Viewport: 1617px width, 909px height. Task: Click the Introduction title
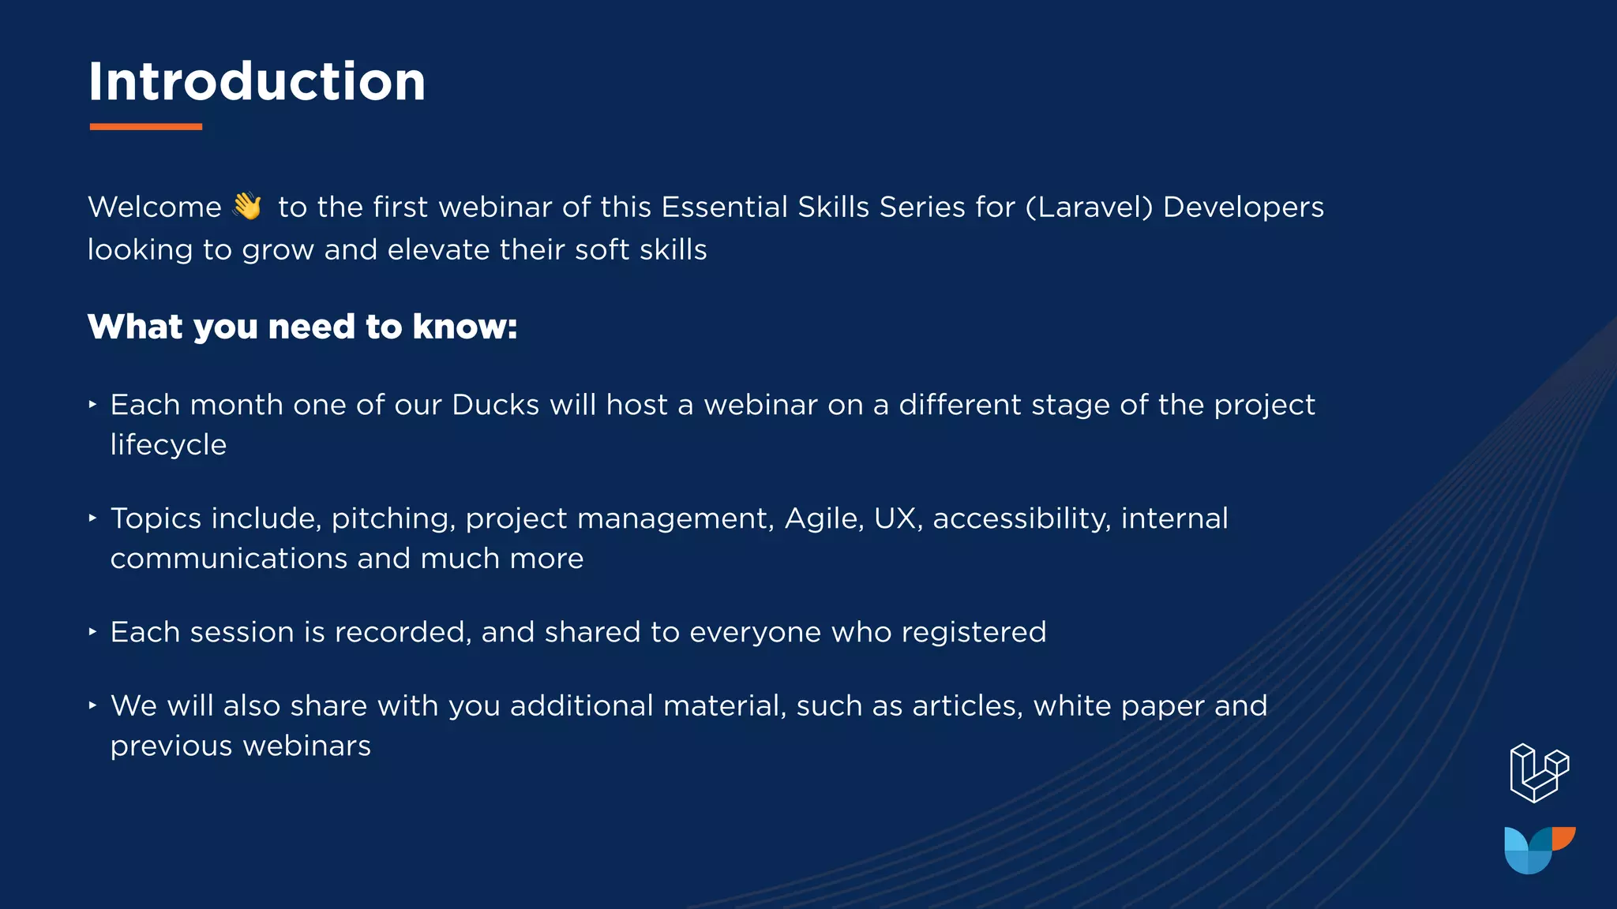(257, 82)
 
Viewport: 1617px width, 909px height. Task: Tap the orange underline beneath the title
(146, 126)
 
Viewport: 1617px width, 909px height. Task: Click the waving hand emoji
(247, 207)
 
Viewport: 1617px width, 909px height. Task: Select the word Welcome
(155, 208)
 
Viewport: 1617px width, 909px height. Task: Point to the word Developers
(1244, 208)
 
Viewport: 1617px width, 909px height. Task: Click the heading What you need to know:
(302, 327)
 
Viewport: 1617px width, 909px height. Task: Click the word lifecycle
(168, 445)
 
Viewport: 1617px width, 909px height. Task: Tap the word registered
(974, 633)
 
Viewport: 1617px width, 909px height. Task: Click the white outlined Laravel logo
(1539, 773)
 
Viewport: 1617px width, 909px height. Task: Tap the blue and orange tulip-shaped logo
(1539, 850)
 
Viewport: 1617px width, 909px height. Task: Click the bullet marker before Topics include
(92, 518)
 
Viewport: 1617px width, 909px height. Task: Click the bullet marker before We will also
(92, 705)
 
